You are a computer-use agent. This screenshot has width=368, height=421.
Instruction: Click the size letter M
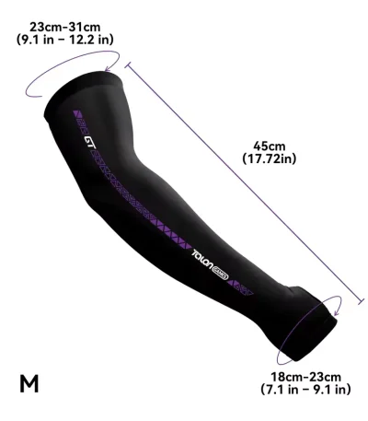29,383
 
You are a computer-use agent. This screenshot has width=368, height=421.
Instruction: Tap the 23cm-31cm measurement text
65,27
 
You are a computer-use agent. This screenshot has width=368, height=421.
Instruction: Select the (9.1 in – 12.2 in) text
65,40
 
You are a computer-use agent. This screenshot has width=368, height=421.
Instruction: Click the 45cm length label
270,146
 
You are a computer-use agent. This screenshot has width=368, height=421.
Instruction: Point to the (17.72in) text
270,158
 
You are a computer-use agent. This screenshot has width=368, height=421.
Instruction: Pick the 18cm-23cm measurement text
305,377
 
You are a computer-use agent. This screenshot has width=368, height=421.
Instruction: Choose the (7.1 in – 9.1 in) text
305,390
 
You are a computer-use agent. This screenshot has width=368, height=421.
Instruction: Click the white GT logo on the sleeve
90,142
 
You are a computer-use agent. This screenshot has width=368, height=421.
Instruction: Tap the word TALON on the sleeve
202,261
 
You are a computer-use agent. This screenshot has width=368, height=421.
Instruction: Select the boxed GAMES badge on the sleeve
220,274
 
